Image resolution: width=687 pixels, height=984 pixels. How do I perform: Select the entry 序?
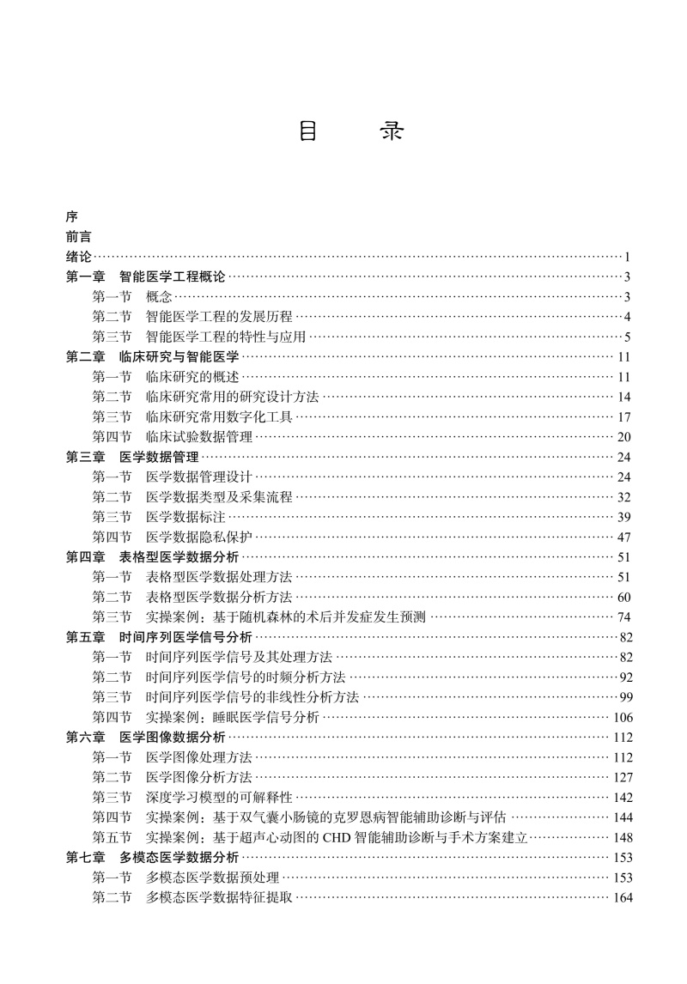[x=71, y=218]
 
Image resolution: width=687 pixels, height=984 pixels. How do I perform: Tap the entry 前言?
[x=79, y=237]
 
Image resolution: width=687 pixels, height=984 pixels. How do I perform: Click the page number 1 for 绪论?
[x=629, y=257]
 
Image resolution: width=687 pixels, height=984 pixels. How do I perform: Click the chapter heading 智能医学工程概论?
[x=172, y=276]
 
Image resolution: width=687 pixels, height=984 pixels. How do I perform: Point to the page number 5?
[x=629, y=337]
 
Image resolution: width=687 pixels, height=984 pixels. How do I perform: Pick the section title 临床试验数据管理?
[x=199, y=436]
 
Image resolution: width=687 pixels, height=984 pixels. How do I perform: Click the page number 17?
[x=624, y=416]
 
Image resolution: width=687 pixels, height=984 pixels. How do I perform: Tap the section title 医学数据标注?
[x=185, y=516]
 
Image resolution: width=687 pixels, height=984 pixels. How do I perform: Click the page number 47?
[x=624, y=537]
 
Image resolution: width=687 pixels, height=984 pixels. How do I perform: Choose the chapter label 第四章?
[x=86, y=556]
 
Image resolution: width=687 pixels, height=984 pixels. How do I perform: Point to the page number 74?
[x=624, y=617]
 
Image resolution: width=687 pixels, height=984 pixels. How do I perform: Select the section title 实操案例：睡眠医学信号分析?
[x=233, y=716]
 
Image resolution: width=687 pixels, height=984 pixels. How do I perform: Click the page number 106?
[x=622, y=717]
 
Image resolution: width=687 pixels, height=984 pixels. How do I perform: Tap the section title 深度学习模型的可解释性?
[x=219, y=797]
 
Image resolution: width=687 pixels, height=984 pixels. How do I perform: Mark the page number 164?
[x=622, y=897]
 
